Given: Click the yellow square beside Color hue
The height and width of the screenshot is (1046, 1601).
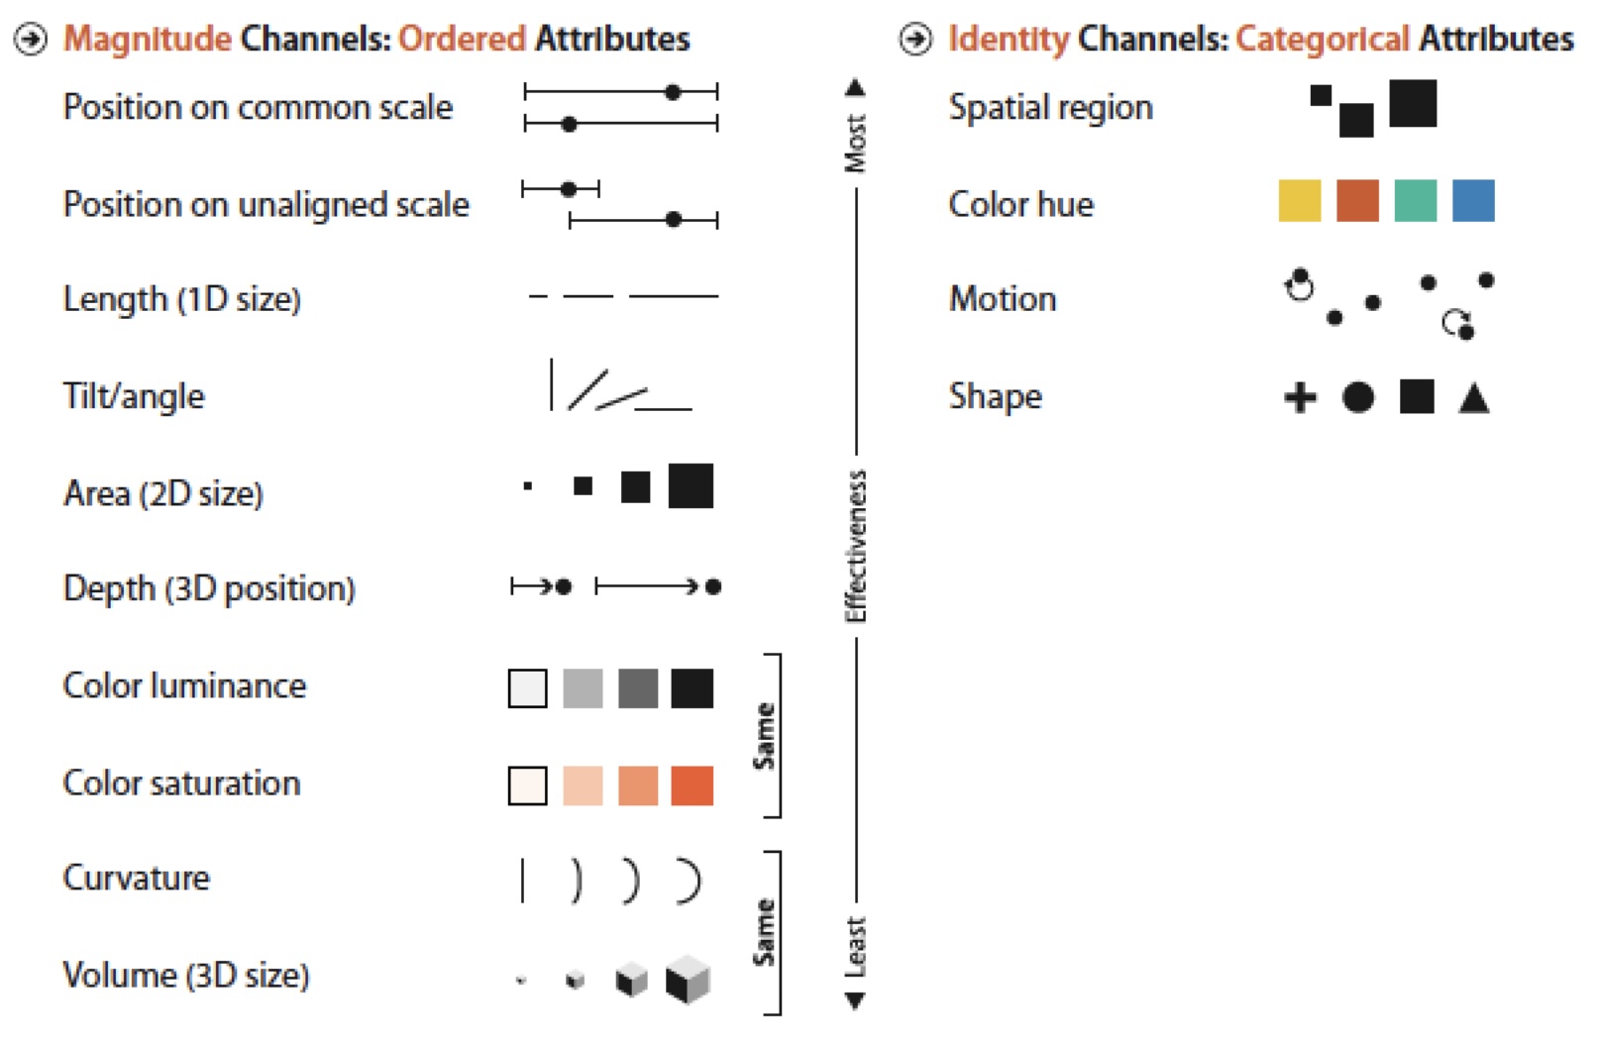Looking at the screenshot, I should click(1299, 200).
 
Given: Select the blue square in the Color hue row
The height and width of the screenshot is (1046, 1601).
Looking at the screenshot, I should click(1473, 200).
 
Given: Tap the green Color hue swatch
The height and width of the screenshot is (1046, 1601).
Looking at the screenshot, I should click(1415, 200).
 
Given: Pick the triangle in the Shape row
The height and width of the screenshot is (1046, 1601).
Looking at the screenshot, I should click(1474, 398).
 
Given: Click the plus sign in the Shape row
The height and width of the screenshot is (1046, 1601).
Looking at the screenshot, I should click(1300, 398).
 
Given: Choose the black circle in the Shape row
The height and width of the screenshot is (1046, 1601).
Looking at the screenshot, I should click(1358, 398).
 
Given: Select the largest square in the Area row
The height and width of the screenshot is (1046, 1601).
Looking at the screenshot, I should click(691, 486).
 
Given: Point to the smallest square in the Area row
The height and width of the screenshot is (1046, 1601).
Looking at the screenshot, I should click(528, 486).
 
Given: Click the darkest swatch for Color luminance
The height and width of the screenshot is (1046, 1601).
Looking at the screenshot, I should click(692, 688).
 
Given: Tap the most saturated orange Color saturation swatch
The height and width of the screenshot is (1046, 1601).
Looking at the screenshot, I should click(692, 785).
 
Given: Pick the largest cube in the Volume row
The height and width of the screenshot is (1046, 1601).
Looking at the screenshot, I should click(688, 979).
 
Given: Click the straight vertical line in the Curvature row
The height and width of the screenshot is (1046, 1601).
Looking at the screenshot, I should click(522, 881).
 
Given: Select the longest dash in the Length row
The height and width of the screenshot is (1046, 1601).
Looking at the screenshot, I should click(674, 296).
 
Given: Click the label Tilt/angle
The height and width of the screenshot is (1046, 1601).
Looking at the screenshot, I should click(134, 396).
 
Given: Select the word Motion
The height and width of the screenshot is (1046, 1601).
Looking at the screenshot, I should click(1003, 299).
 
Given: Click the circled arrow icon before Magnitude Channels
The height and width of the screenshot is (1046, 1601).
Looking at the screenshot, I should click(32, 40).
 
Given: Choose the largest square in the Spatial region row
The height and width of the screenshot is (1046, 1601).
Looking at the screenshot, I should click(1412, 104).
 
